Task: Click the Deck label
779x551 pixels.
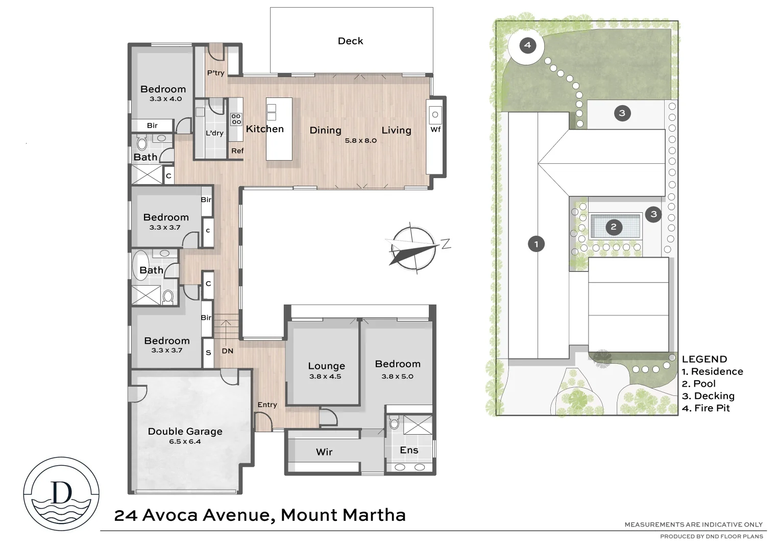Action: point(350,41)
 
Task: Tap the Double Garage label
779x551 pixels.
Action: point(185,431)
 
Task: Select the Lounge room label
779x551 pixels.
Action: point(326,366)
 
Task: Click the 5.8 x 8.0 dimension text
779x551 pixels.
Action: point(360,140)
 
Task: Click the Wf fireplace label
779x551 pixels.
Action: point(435,130)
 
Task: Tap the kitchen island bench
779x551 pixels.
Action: point(279,129)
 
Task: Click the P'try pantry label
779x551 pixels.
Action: point(215,73)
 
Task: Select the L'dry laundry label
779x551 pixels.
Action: point(214,133)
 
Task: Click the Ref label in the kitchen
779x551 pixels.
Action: point(237,151)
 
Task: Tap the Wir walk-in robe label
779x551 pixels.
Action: point(324,452)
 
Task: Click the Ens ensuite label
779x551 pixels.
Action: point(409,450)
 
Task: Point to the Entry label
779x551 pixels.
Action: point(267,405)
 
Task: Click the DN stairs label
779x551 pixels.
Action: point(227,351)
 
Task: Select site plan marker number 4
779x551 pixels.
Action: point(527,45)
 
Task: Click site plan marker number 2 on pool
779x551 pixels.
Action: point(614,227)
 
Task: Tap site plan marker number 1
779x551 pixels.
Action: point(536,244)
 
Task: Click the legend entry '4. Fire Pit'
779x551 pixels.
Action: point(705,408)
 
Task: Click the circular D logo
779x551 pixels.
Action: point(61,493)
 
